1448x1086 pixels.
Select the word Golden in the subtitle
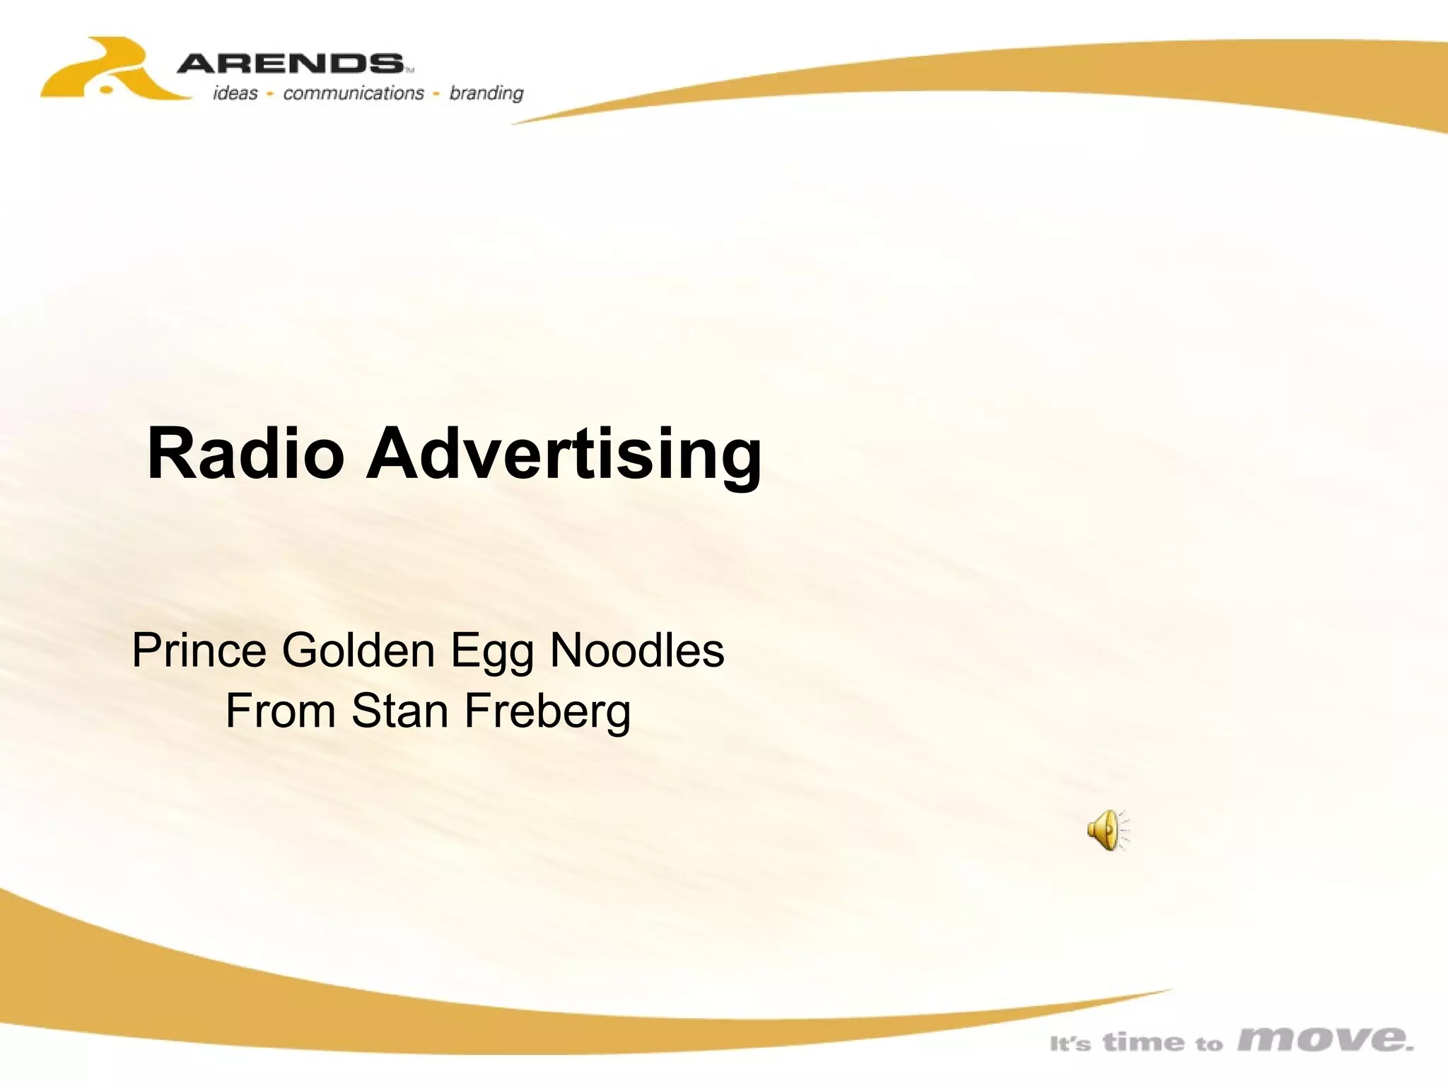pyautogui.click(x=358, y=650)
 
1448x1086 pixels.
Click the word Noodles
pyautogui.click(x=637, y=650)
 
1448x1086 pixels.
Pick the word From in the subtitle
pyautogui.click(x=280, y=711)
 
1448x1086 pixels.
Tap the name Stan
pyautogui.click(x=400, y=711)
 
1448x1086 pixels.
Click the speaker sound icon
pyautogui.click(x=1107, y=830)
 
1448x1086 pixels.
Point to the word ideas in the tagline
pyautogui.click(x=235, y=93)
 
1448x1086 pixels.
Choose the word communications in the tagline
pyautogui.click(x=353, y=93)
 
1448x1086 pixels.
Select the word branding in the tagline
pyautogui.click(x=486, y=93)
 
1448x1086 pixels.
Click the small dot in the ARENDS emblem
pyautogui.click(x=106, y=90)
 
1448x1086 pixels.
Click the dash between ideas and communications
pyautogui.click(x=270, y=93)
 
